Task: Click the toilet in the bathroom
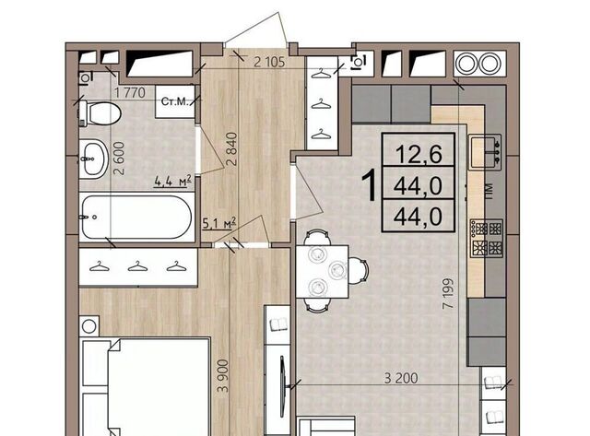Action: pyautogui.click(x=100, y=112)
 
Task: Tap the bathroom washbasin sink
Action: pyautogui.click(x=92, y=159)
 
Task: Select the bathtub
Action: pyautogui.click(x=136, y=217)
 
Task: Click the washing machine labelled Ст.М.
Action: pyautogui.click(x=175, y=101)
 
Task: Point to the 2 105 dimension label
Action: pyautogui.click(x=269, y=62)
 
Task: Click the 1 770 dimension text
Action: pyautogui.click(x=129, y=92)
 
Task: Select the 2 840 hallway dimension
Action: pyautogui.click(x=232, y=149)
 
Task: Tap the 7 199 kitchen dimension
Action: pyautogui.click(x=448, y=293)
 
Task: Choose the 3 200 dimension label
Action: pyautogui.click(x=401, y=378)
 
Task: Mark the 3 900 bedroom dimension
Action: pyautogui.click(x=223, y=376)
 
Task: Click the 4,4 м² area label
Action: pyautogui.click(x=173, y=181)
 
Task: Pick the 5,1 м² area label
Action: pyautogui.click(x=219, y=223)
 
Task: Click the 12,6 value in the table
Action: pyautogui.click(x=419, y=154)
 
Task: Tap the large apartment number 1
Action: pyautogui.click(x=370, y=185)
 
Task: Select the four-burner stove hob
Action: pyautogui.click(x=487, y=239)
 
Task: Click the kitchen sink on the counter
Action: pyautogui.click(x=486, y=152)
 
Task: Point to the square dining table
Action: pyautogui.click(x=322, y=271)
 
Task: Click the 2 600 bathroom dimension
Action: pyautogui.click(x=119, y=158)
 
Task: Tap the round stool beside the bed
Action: pyautogui.click(x=88, y=326)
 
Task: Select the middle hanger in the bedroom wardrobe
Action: pyautogui.click(x=137, y=266)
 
